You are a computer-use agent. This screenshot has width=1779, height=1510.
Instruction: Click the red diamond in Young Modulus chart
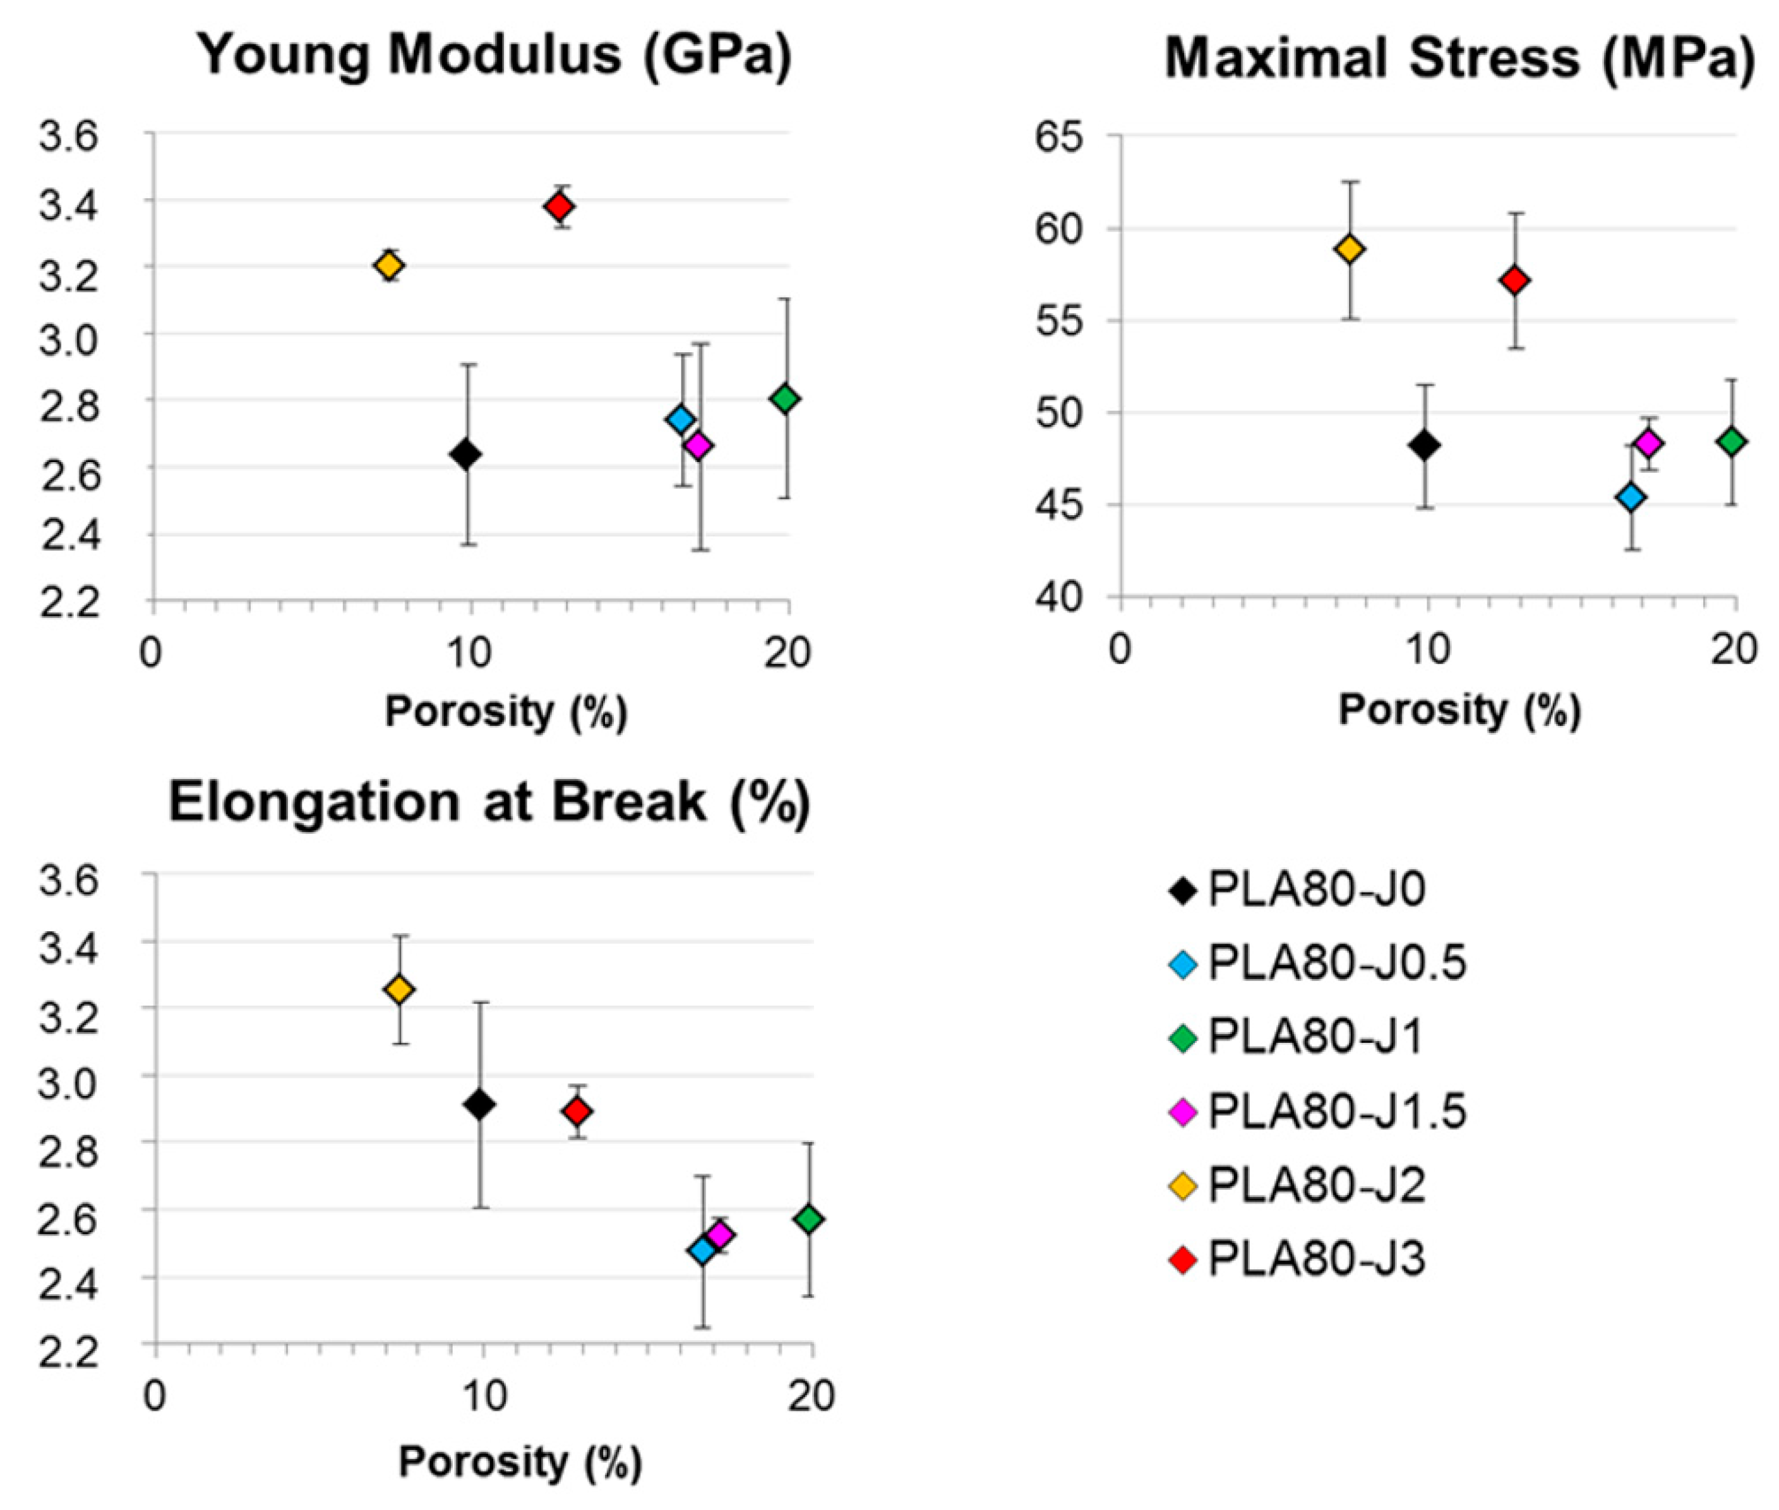pyautogui.click(x=560, y=206)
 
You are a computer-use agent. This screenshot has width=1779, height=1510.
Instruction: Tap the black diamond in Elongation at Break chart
pyautogui.click(x=479, y=1105)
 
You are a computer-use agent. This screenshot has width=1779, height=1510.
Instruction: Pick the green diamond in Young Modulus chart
pyautogui.click(x=784, y=398)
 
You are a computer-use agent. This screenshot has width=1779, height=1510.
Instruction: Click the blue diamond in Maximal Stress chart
pyautogui.click(x=1632, y=496)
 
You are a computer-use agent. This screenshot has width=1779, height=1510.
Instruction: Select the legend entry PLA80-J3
pyautogui.click(x=1316, y=1259)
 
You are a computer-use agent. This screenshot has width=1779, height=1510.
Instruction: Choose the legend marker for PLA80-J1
pyautogui.click(x=1182, y=1037)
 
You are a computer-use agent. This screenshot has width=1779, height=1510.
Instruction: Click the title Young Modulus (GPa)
pyautogui.click(x=496, y=54)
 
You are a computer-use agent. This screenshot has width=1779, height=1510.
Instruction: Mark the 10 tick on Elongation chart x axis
pyautogui.click(x=484, y=1396)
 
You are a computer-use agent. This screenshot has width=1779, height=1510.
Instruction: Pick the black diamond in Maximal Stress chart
pyautogui.click(x=1425, y=445)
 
